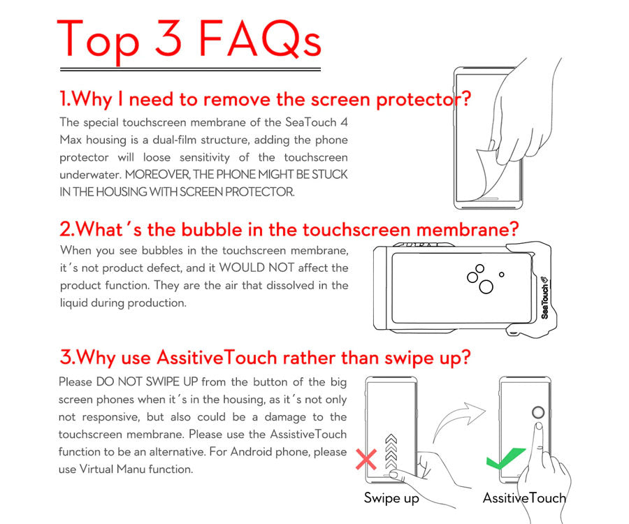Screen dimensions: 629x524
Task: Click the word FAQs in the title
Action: click(260, 38)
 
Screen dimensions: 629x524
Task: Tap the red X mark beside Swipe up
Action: click(366, 460)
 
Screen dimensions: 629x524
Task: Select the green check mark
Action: click(505, 458)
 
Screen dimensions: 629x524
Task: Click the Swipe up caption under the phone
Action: click(391, 498)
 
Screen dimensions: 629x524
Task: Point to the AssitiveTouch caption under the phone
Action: click(524, 498)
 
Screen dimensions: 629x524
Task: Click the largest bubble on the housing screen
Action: click(486, 287)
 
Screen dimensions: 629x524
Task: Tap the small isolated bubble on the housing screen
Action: click(501, 275)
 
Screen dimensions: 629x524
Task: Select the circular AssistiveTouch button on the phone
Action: click(538, 412)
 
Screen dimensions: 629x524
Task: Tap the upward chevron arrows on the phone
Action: click(391, 451)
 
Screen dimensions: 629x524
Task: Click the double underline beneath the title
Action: click(190, 70)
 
